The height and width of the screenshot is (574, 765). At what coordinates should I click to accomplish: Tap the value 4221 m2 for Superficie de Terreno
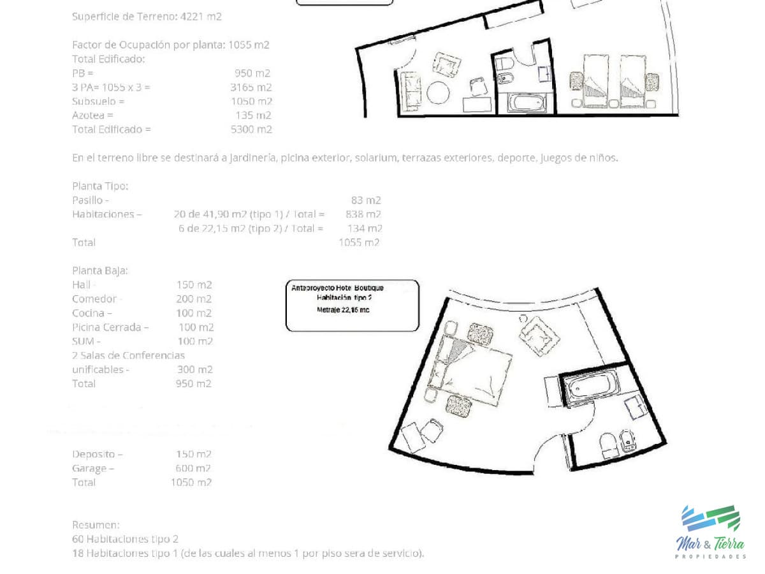201,17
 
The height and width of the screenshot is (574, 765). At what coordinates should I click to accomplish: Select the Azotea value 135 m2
253,115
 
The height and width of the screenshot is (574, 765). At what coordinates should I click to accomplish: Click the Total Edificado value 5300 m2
251,129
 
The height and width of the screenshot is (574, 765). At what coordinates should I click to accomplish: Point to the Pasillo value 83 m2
366,200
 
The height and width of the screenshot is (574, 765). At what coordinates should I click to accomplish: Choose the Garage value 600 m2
193,468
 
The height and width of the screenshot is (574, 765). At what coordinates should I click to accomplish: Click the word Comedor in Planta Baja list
94,298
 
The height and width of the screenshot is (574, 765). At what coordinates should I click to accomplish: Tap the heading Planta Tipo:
100,186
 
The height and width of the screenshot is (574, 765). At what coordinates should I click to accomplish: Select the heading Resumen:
96,524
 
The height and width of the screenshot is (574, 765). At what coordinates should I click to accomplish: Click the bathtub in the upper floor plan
526,103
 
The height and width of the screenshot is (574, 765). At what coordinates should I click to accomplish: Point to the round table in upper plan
438,92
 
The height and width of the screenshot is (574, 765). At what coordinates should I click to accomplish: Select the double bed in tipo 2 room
470,370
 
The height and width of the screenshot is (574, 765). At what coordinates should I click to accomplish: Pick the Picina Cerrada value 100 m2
196,327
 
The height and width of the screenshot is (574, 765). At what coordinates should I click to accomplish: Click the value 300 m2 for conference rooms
194,369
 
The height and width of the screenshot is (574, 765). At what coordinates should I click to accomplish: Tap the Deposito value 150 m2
193,454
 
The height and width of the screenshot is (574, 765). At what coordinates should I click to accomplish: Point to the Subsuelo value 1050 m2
251,101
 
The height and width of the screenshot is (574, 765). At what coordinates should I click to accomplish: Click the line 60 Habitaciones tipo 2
125,539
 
